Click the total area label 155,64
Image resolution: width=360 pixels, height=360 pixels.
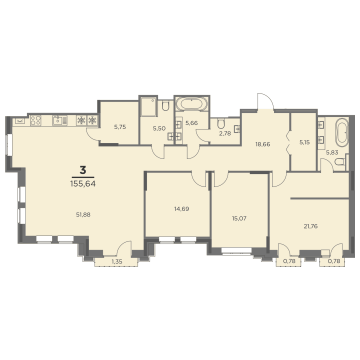tap(83, 183)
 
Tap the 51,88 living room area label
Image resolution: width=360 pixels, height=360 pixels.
tap(83, 214)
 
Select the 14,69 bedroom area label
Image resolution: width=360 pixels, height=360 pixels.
tap(181, 208)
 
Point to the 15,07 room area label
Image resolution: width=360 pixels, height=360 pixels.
tap(239, 218)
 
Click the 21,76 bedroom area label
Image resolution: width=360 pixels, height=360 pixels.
tap(310, 226)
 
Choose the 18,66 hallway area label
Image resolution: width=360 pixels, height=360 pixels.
tap(262, 144)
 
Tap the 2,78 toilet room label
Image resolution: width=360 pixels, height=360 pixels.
tap(225, 133)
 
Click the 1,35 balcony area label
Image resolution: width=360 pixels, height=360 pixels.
tap(117, 261)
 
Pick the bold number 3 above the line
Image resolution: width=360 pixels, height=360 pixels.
tap(83, 170)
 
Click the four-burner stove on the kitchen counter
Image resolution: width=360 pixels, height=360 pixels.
tap(35, 120)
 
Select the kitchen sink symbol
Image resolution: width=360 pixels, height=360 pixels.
tap(60, 120)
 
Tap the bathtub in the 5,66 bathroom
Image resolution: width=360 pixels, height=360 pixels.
tap(191, 104)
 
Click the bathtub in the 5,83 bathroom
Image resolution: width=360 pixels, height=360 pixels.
tap(342, 132)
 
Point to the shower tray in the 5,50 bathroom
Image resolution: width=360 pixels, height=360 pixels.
tap(148, 107)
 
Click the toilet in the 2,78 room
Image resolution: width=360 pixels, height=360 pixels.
tap(221, 124)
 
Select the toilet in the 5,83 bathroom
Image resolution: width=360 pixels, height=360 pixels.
tap(340, 161)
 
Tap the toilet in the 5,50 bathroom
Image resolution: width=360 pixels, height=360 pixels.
tap(165, 106)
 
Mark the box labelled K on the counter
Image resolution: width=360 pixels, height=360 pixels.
tap(19, 121)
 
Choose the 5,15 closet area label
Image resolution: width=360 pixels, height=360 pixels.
tap(304, 142)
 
